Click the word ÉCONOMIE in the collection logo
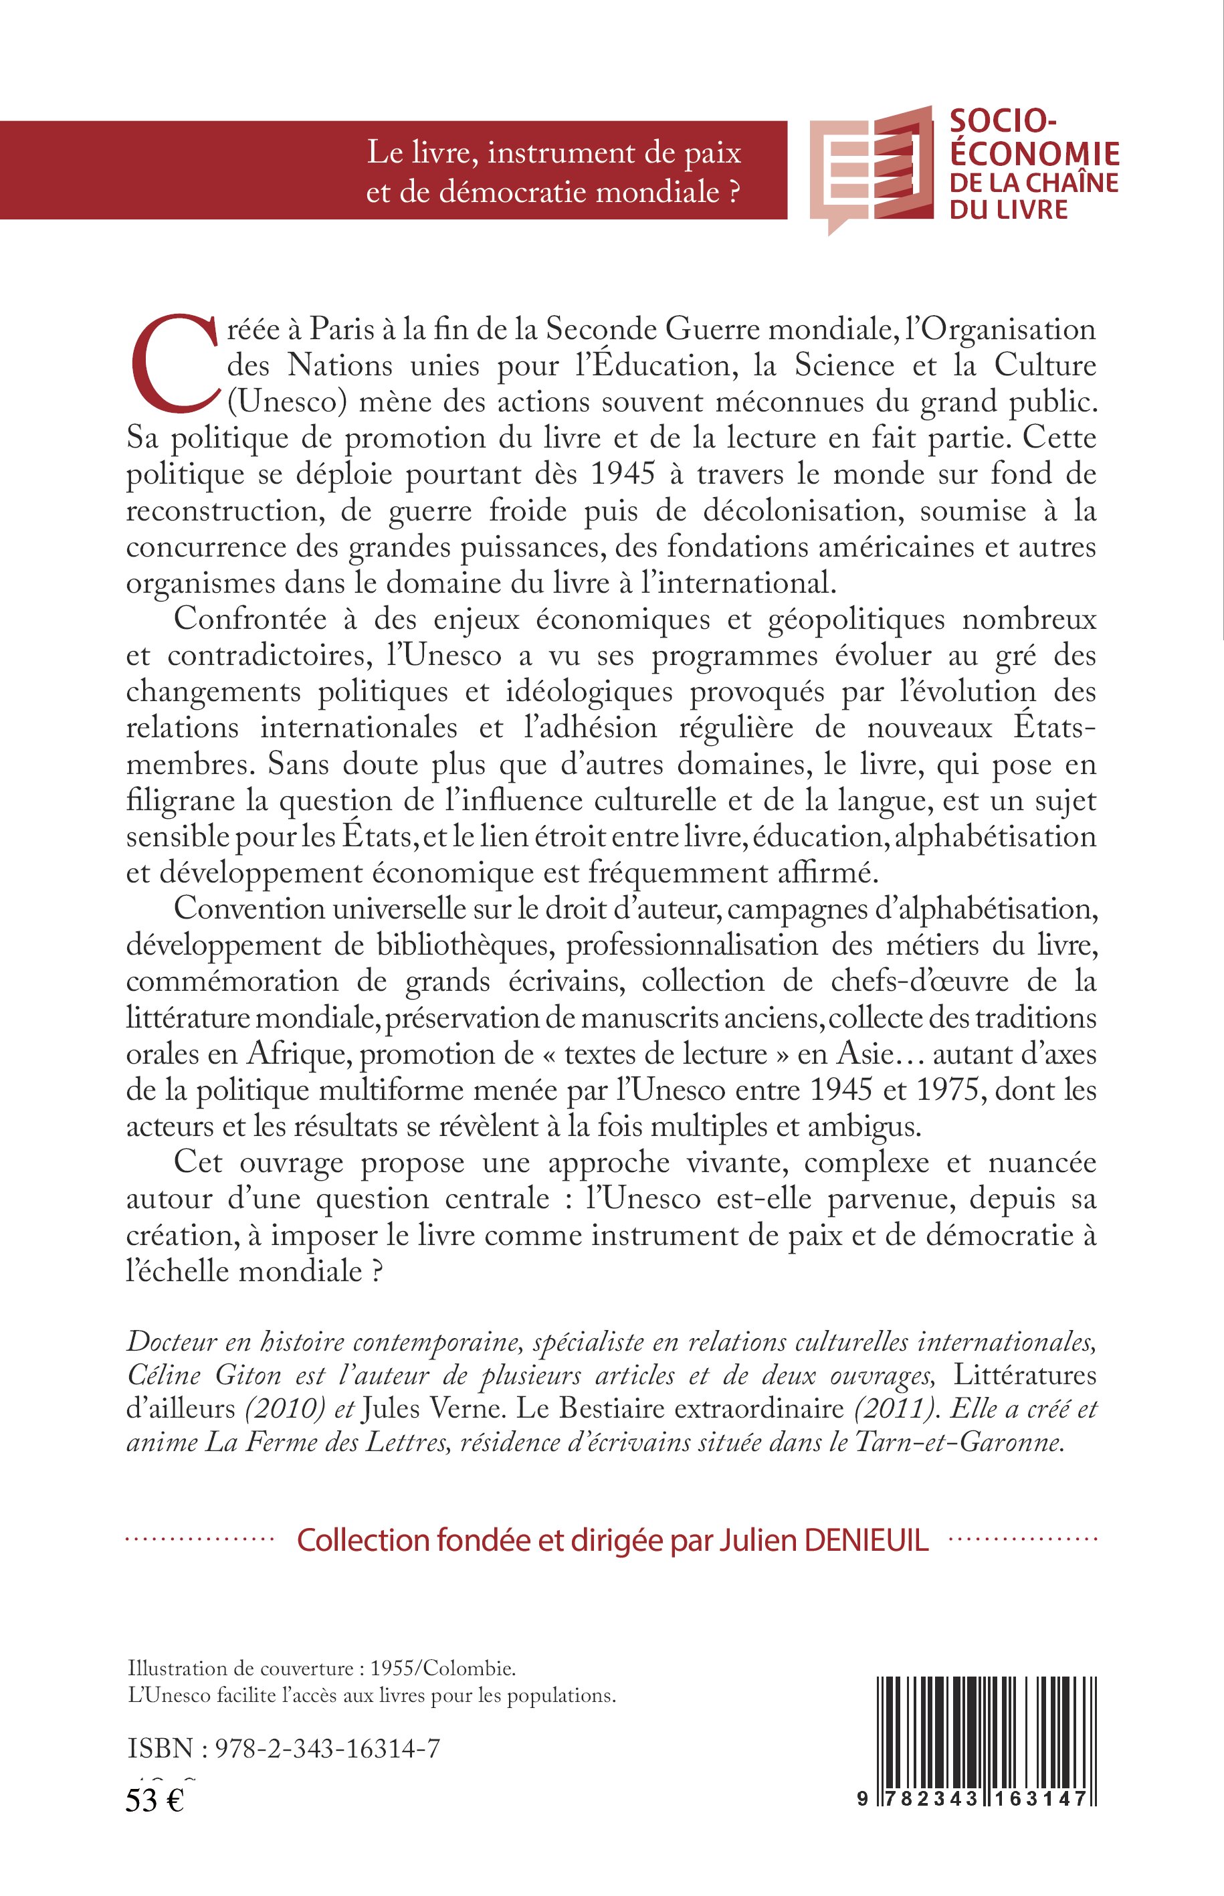1035,153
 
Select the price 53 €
155,1800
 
